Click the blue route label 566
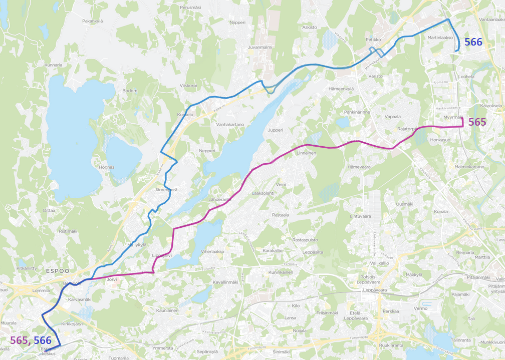[x=473, y=43]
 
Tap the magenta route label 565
[x=477, y=122]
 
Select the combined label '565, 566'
[x=31, y=341]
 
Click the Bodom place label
[x=130, y=91]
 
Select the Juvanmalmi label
[x=260, y=48]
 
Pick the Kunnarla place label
[x=53, y=65]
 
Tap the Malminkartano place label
[x=469, y=166]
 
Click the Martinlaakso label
[x=440, y=38]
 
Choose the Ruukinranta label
[x=391, y=345]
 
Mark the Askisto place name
[x=310, y=28]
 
